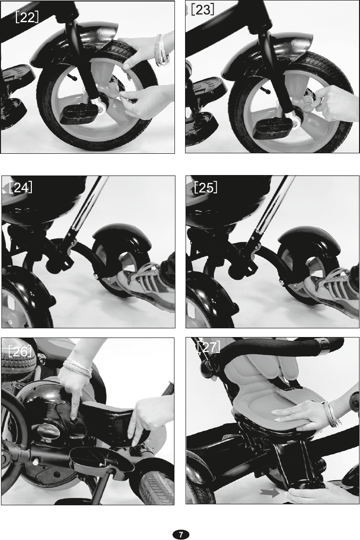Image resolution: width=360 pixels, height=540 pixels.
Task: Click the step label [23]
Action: coord(202,9)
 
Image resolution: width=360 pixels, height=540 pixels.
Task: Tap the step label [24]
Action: coord(21,187)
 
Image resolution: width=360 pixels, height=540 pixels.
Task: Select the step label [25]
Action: coord(205,188)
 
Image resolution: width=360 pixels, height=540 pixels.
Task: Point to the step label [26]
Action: coord(20,351)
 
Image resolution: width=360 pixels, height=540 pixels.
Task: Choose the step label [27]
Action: coord(209,347)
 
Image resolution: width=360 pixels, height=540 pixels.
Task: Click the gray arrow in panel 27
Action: coord(269,492)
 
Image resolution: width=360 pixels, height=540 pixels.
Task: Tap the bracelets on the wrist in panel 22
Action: coord(162,50)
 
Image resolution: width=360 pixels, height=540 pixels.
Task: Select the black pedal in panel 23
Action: coord(271,128)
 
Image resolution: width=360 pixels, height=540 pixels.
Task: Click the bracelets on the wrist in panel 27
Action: coord(331,414)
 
